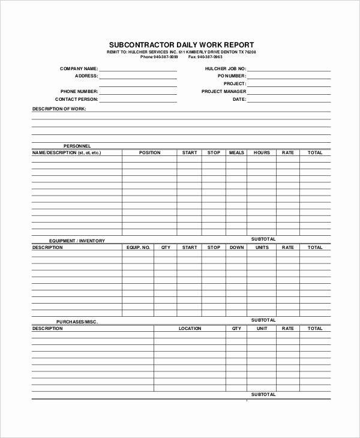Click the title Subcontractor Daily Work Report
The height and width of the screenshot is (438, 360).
[181, 44]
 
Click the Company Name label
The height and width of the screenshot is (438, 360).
[79, 69]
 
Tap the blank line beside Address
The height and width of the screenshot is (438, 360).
[138, 78]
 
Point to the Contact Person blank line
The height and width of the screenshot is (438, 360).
[138, 101]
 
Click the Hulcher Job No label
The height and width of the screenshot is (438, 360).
[225, 69]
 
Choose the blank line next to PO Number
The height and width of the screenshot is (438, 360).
[289, 78]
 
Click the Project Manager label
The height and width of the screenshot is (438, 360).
[224, 91]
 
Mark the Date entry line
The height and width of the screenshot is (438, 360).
[289, 101]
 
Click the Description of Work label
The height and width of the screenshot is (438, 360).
[59, 109]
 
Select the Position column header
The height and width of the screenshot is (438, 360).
[149, 152]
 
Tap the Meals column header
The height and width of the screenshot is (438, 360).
[236, 152]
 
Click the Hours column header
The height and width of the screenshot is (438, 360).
[262, 152]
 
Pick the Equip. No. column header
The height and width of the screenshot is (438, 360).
[138, 247]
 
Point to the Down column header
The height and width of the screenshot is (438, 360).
[236, 247]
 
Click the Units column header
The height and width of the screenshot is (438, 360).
[262, 247]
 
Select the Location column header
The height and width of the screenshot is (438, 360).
[190, 328]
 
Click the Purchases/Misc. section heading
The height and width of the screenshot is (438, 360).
[77, 322]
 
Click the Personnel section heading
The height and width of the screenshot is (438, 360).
[77, 146]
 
